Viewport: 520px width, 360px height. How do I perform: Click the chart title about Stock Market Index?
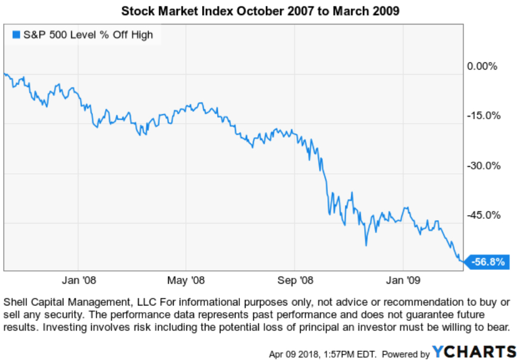click(x=259, y=11)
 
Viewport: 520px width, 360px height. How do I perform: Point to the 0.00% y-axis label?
click(x=482, y=66)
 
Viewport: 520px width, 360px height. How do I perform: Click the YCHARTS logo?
click(x=474, y=352)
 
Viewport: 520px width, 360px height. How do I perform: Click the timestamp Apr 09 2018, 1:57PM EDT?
click(x=322, y=354)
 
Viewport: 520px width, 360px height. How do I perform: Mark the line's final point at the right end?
click(x=462, y=260)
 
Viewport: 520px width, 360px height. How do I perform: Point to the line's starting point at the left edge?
click(x=5, y=74)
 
